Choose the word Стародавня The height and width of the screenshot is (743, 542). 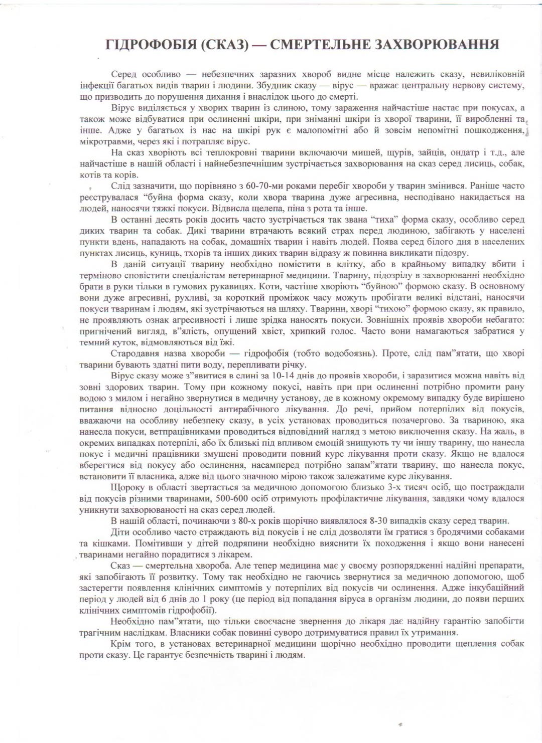pyautogui.click(x=132, y=353)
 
